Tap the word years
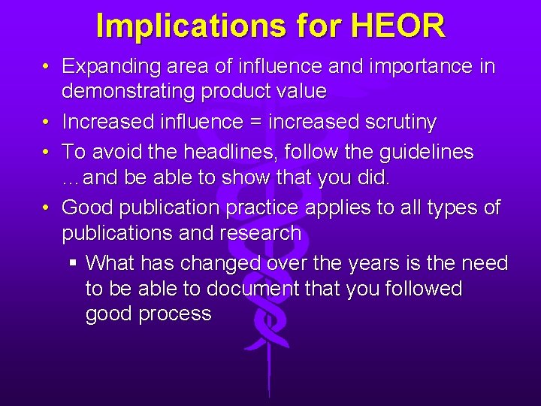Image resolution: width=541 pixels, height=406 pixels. [x=375, y=263]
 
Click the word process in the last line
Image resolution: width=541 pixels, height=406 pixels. [x=175, y=314]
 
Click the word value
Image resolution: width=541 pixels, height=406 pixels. [x=299, y=92]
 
